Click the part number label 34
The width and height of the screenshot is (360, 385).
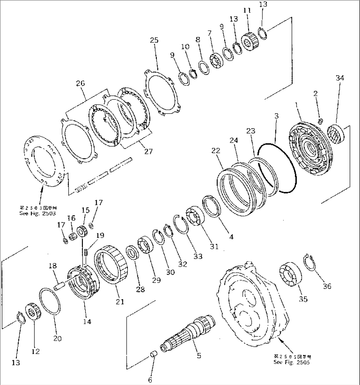340,78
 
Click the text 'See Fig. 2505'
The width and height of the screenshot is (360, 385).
292,362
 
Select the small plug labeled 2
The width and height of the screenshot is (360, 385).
320,122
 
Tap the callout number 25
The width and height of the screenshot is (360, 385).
154,40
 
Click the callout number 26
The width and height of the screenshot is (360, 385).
80,84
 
